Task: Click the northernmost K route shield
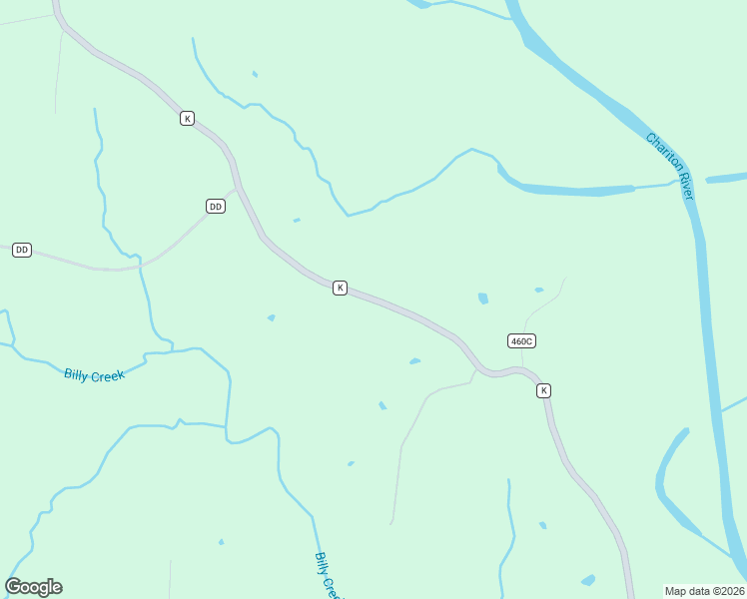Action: point(187,118)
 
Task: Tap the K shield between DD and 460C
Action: point(340,288)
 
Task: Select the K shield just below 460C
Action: point(543,390)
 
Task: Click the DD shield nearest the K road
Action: point(216,207)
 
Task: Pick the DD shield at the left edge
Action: point(22,250)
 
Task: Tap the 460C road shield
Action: point(521,340)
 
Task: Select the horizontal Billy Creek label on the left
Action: point(94,375)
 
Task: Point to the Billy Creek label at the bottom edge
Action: point(327,576)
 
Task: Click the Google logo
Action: point(34,587)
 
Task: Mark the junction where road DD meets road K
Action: point(238,188)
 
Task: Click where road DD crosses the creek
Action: point(141,265)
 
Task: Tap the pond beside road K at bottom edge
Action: point(588,580)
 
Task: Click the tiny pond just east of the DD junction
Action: point(297,220)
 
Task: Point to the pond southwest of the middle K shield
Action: point(271,317)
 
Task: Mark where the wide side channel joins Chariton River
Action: point(679,185)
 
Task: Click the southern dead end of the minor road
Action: point(391,522)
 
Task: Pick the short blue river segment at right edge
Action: point(726,179)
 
